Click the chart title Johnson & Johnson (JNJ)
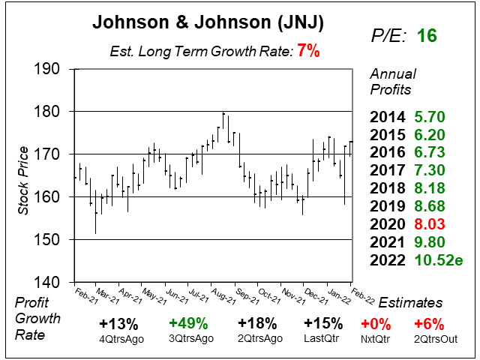(207, 23)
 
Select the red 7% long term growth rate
(308, 52)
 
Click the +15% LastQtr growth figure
(322, 324)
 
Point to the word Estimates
(410, 302)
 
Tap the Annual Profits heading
(391, 82)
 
